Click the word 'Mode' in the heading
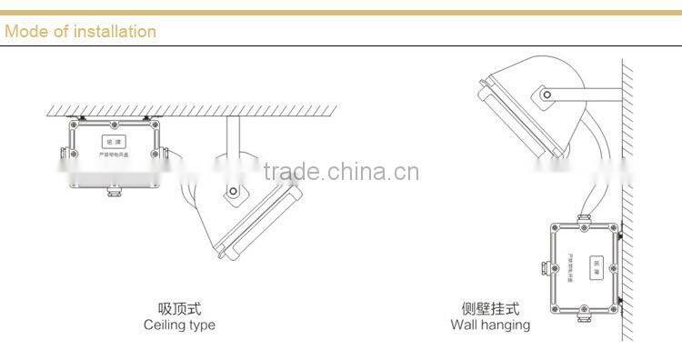click(x=25, y=32)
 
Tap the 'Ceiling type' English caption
click(x=180, y=325)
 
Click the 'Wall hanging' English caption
click(x=490, y=325)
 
